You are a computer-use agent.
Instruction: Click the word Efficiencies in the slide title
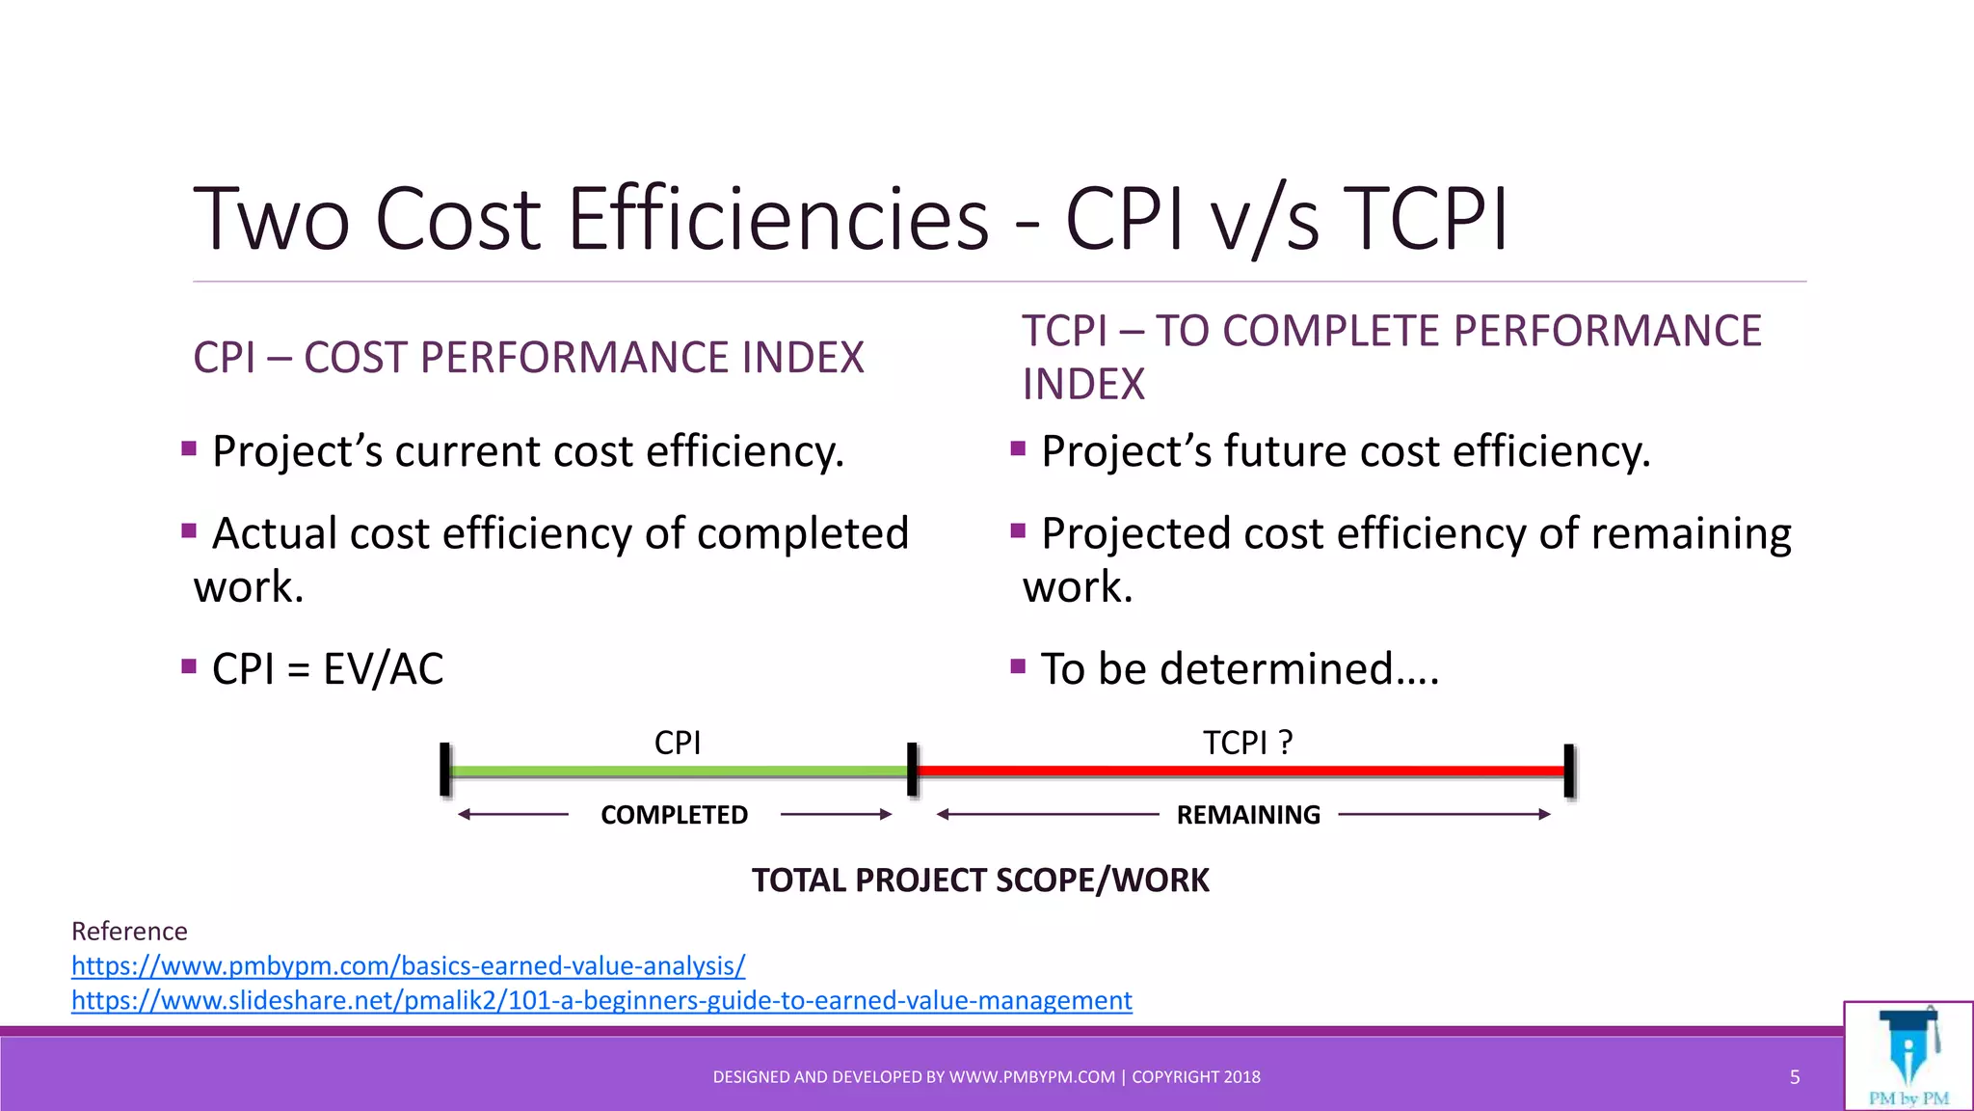[777, 220]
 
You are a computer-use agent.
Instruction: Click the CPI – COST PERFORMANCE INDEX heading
[528, 358]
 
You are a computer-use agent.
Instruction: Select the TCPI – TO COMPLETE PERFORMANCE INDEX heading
[1391, 357]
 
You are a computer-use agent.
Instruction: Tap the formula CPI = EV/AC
[328, 669]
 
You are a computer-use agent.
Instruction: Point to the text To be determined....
[1240, 669]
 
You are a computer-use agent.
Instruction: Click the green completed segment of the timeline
[678, 772]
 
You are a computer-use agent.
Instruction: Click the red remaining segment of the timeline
[1241, 771]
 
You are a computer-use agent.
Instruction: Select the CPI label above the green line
[677, 743]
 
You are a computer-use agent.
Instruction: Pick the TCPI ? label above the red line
[1247, 743]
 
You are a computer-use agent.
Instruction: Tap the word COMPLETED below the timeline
[674, 815]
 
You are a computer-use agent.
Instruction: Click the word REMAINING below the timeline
[1248, 815]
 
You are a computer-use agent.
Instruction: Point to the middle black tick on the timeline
[912, 770]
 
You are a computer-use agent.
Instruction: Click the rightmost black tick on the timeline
[1569, 771]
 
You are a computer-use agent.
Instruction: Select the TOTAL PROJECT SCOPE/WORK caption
[980, 881]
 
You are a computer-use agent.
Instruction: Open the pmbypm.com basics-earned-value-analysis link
[408, 965]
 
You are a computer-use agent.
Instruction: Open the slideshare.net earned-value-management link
[601, 1000]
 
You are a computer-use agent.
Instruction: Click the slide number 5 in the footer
[1795, 1077]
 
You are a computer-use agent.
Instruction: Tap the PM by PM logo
[1907, 1057]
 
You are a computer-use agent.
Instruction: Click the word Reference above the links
[129, 931]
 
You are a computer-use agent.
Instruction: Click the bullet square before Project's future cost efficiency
[1018, 448]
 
